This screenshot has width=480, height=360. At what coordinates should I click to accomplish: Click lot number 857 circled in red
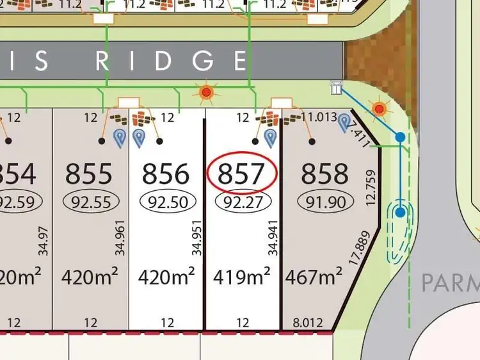(x=241, y=174)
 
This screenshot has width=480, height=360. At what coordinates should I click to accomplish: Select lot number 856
(x=166, y=174)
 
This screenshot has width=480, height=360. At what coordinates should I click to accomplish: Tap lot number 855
(x=89, y=174)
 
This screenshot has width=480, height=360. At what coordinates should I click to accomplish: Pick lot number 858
(x=324, y=174)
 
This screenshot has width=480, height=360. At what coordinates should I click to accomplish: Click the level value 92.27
(x=243, y=202)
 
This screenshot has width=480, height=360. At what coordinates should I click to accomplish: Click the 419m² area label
(x=243, y=277)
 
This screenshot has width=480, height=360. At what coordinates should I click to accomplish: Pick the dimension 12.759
(x=371, y=186)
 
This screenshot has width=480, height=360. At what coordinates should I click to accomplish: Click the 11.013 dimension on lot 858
(x=319, y=117)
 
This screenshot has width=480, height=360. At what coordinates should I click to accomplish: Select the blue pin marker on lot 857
(x=271, y=136)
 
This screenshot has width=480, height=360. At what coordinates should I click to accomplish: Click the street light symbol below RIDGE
(x=206, y=93)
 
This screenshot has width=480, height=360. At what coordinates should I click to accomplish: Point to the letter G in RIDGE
(x=204, y=61)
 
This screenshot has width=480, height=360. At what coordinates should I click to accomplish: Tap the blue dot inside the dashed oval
(x=401, y=212)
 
